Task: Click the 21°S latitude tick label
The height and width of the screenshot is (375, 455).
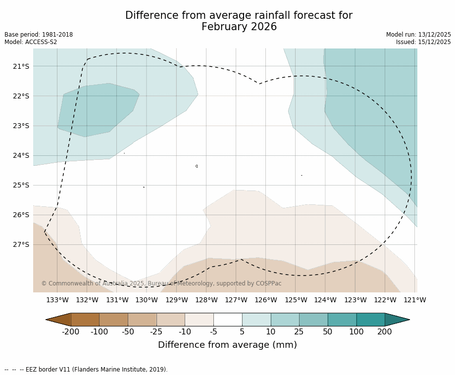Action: (x=21, y=66)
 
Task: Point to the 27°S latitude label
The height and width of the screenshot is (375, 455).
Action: (x=21, y=244)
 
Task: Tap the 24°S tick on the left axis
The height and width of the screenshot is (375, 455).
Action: (x=21, y=155)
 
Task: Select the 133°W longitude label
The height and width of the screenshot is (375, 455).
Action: (x=57, y=300)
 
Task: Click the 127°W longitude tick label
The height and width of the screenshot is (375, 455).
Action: (x=236, y=300)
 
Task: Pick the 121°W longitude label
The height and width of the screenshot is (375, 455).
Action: (x=414, y=300)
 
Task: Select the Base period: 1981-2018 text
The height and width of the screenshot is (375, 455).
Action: (x=39, y=35)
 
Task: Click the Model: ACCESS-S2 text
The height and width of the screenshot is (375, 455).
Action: (x=31, y=42)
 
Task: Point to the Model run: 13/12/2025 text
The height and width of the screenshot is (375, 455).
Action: (x=418, y=35)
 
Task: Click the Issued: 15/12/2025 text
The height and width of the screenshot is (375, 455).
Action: (x=423, y=42)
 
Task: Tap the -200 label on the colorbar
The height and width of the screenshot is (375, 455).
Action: (x=71, y=332)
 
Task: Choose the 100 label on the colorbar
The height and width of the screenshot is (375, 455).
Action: (x=356, y=332)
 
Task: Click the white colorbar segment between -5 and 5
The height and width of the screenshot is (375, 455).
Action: (x=228, y=320)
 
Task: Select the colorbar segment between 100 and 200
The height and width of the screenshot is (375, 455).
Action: (x=370, y=320)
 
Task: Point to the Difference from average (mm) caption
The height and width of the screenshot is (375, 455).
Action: (x=227, y=345)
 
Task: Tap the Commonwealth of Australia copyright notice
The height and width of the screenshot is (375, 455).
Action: (x=161, y=283)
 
